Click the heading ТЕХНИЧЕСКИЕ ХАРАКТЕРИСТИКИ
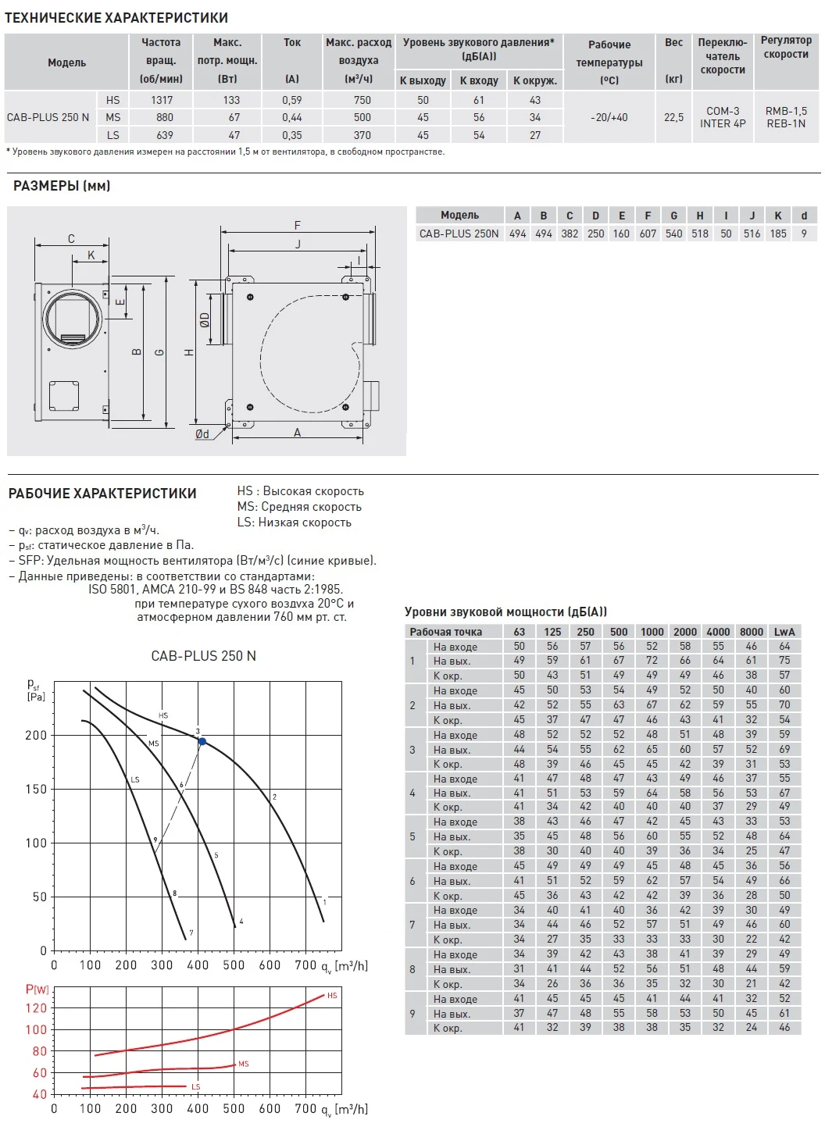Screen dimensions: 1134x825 [116, 17]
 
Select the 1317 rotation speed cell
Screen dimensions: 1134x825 [162, 100]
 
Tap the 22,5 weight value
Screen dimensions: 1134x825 [673, 117]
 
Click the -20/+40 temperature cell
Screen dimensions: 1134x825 [609, 117]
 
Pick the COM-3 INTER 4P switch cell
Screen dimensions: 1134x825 [723, 117]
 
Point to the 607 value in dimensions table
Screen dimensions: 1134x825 [648, 234]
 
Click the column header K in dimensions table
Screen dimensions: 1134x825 [778, 216]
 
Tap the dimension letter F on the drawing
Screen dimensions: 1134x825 [298, 225]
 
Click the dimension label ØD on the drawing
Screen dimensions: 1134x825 [205, 320]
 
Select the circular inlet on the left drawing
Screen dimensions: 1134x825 [73, 318]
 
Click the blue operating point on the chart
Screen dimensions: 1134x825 [202, 741]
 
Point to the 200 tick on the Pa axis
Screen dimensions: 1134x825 [36, 735]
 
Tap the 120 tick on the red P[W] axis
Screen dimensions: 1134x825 [36, 1008]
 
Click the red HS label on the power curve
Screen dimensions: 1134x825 [332, 996]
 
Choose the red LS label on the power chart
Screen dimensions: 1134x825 [195, 1087]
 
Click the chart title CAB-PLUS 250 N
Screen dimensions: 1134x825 [203, 656]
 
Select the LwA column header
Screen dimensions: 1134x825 [784, 632]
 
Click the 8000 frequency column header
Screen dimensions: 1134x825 [751, 632]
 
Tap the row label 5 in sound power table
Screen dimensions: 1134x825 [412, 836]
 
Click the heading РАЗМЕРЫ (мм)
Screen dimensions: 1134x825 [62, 186]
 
